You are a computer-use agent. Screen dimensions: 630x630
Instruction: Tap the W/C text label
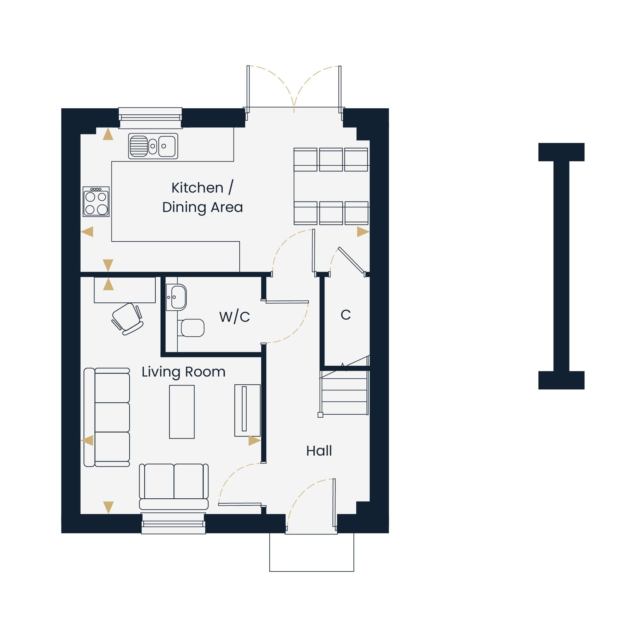[234, 316]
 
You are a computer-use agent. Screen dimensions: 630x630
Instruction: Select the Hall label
[319, 451]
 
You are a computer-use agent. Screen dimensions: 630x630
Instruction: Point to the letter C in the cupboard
[346, 315]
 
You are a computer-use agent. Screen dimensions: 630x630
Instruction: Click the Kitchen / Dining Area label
[203, 198]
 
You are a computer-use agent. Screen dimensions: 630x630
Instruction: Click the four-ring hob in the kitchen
[96, 202]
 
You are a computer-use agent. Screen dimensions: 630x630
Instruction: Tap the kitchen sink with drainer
[153, 146]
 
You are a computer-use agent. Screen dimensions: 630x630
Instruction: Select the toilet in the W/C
[191, 328]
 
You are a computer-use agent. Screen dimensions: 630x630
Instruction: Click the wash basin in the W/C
[176, 297]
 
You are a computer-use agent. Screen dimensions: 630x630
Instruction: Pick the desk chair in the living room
[127, 319]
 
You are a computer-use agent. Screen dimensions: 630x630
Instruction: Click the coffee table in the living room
[182, 412]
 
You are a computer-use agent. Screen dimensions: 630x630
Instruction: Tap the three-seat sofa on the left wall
[107, 417]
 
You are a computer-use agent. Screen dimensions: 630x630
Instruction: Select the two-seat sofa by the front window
[174, 487]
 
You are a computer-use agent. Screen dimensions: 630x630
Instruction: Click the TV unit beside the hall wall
[248, 410]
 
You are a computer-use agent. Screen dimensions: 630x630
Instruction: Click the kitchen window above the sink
[150, 118]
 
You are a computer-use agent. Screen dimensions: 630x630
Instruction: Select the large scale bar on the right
[562, 266]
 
